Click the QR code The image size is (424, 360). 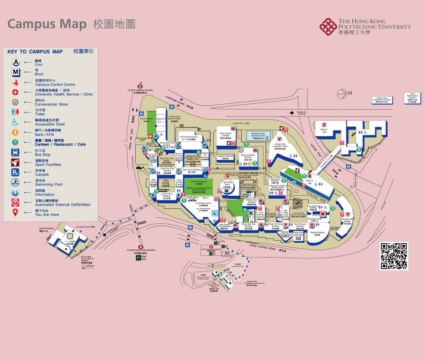(393, 256)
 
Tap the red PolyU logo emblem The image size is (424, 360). (328, 26)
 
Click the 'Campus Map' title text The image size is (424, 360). (47, 24)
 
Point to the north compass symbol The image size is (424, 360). (342, 94)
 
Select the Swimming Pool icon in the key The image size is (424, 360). (15, 183)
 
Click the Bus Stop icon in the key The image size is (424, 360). (15, 152)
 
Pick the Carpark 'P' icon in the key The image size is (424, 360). (15, 172)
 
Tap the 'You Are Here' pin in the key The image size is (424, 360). (15, 213)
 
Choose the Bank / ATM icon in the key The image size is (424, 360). (15, 132)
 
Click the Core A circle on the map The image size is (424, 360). (156, 136)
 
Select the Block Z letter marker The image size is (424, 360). (324, 125)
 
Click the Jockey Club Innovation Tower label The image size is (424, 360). (281, 147)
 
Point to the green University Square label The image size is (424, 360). (198, 183)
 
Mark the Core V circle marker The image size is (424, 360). (279, 138)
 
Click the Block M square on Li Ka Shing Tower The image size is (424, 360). (226, 191)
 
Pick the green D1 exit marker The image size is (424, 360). (138, 258)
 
